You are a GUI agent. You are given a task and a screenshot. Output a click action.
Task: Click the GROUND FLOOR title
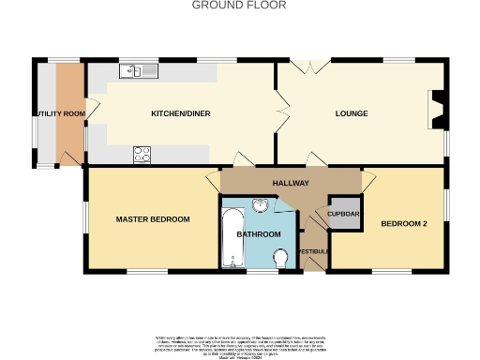[x=239, y=6]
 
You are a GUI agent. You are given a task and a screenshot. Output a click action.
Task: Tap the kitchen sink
[x=139, y=71]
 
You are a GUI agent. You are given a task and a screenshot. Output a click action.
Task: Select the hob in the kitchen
[x=143, y=155]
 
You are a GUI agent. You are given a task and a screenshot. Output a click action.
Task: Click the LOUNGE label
[x=352, y=114]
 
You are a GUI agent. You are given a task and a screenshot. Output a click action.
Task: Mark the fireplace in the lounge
[x=435, y=109]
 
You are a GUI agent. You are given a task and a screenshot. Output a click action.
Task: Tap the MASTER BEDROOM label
[x=153, y=219]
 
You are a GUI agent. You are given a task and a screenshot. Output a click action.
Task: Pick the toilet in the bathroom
[x=279, y=257]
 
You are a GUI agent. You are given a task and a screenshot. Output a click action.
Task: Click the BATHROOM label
[x=259, y=233]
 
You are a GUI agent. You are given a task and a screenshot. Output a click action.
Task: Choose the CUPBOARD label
[x=343, y=214]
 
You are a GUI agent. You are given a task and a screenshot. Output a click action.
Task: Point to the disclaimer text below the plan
[x=239, y=344]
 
